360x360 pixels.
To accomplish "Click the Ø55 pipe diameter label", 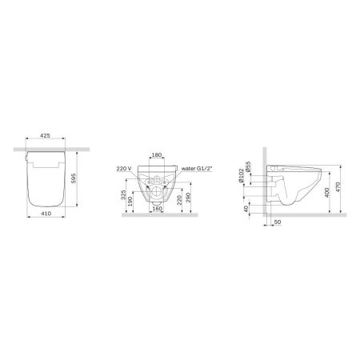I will pyautogui.click(x=249, y=169).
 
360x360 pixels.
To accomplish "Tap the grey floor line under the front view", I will pyautogui.click(x=156, y=215).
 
